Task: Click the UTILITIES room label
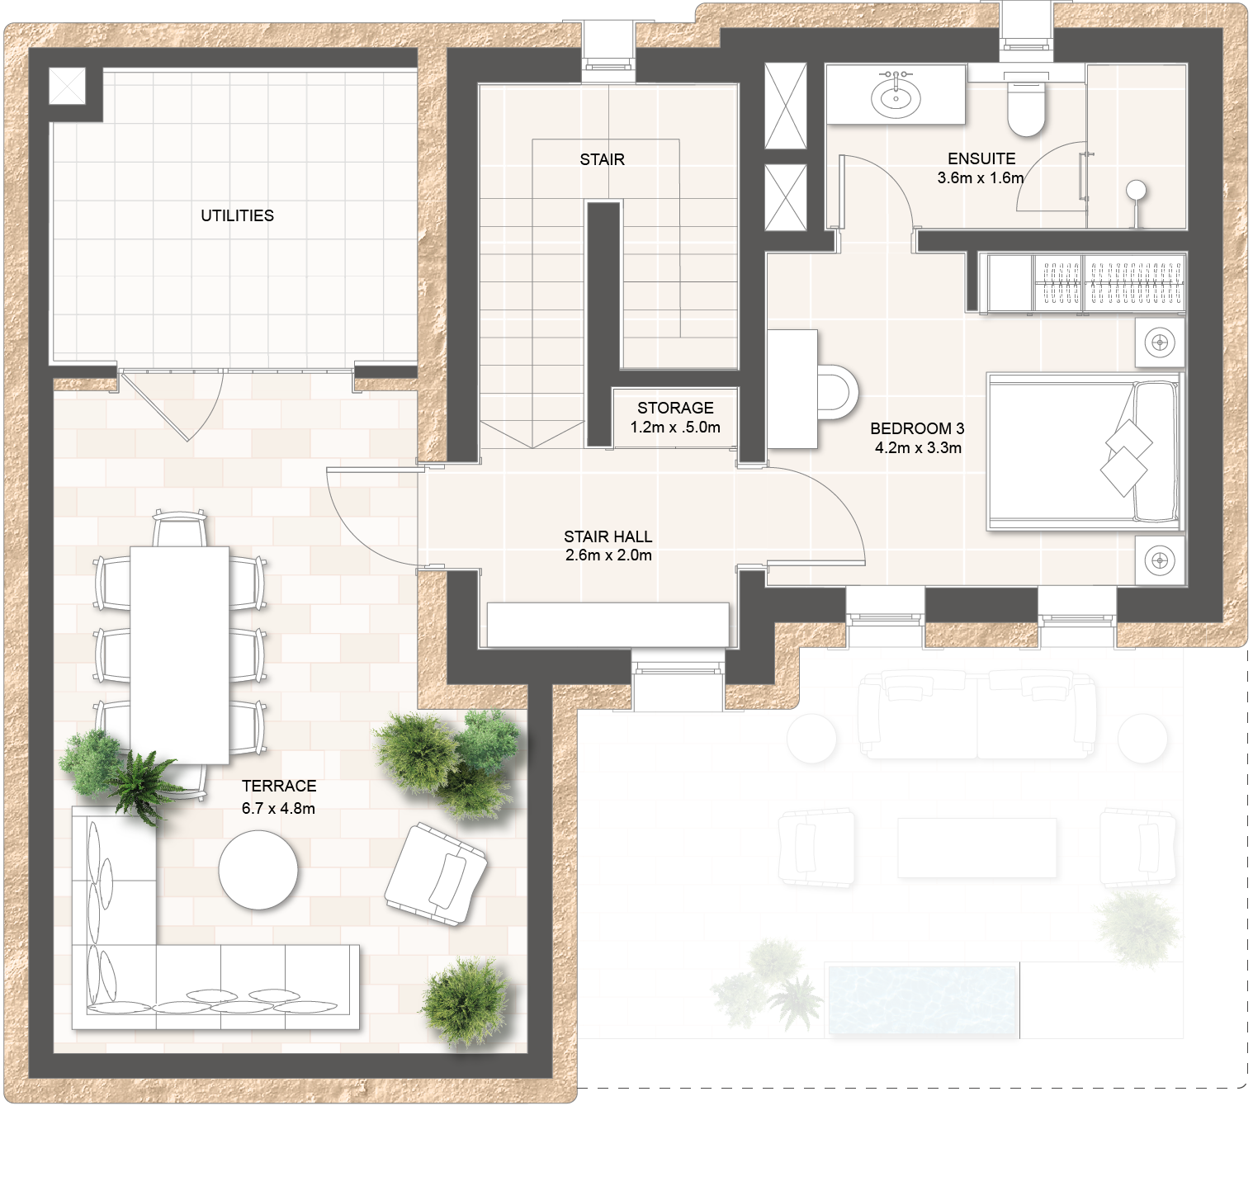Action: [238, 215]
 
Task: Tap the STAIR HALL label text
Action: [608, 536]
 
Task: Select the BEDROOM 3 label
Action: [917, 428]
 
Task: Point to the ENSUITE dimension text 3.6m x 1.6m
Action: [981, 177]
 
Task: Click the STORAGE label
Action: [675, 408]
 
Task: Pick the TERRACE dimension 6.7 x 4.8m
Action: [278, 808]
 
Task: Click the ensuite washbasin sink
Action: [896, 95]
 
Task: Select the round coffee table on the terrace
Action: [258, 870]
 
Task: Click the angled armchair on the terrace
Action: [435, 874]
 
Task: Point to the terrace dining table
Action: [180, 655]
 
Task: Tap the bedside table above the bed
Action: [1160, 342]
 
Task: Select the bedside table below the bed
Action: [1160, 560]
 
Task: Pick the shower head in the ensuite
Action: [1137, 190]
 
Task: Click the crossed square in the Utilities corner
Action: [68, 86]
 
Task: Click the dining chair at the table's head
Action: [179, 528]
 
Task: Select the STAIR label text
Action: [602, 159]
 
